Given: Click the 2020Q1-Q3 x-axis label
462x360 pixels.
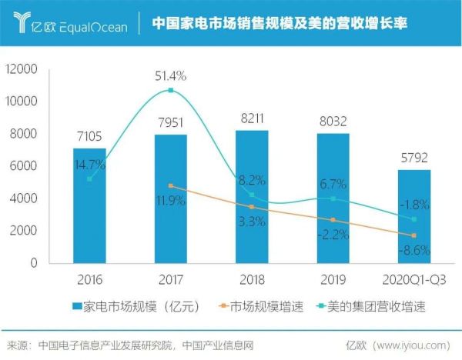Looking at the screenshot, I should tap(414, 278).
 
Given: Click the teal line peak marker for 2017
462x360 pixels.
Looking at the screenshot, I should tap(170, 90).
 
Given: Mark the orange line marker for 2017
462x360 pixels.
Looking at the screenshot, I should tap(170, 186).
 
